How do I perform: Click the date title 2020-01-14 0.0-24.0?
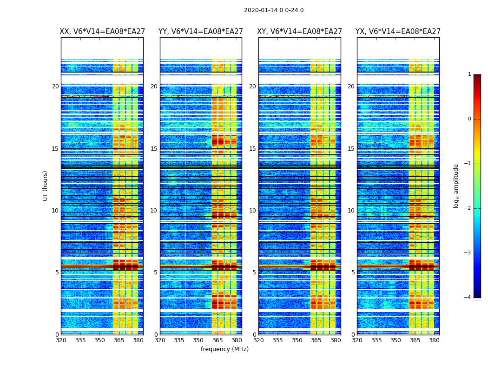[274, 10]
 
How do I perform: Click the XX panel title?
[102, 32]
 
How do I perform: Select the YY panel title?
[201, 32]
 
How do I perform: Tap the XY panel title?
[300, 32]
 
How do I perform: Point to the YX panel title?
[398, 32]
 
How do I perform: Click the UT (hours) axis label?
[46, 186]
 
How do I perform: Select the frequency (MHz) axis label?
[224, 349]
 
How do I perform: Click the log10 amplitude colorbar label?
[456, 186]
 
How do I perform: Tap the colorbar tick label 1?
[469, 74]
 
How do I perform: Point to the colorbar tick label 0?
[469, 119]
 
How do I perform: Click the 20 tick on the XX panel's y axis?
[55, 86]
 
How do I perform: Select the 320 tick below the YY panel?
[160, 340]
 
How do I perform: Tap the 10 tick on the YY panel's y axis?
[154, 211]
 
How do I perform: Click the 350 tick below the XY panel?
[297, 340]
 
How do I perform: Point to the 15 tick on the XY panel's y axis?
[252, 149]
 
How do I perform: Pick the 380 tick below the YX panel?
[434, 340]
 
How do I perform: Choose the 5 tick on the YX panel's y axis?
[353, 272]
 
